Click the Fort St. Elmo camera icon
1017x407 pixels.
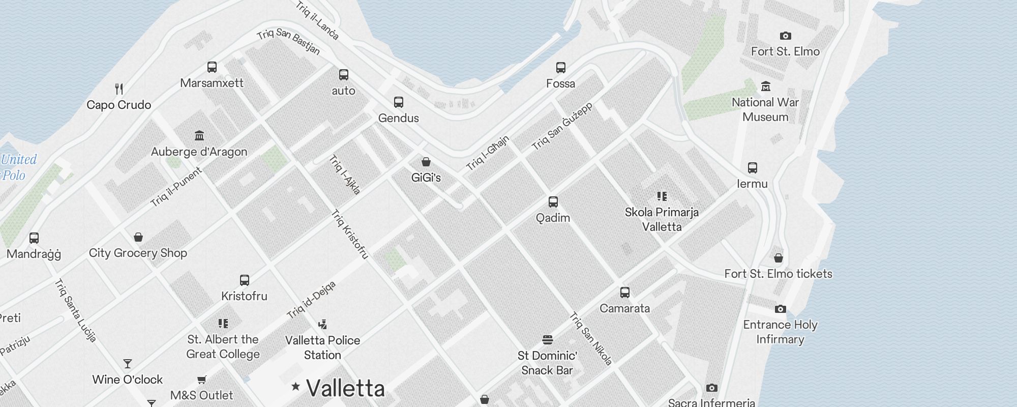point(785,36)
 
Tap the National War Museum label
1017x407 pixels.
point(765,109)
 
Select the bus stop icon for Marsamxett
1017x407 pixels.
point(212,67)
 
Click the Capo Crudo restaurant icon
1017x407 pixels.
point(119,89)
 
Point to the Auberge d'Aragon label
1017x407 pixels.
point(199,152)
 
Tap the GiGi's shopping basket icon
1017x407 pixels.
point(426,162)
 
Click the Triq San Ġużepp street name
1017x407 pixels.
point(562,126)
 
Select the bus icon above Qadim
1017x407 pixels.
point(553,202)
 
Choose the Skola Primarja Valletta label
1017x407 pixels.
point(662,219)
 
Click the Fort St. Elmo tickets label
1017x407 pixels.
point(778,274)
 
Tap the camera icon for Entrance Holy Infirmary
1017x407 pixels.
point(780,309)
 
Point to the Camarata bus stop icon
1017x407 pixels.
point(625,293)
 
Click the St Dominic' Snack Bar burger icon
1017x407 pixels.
point(547,339)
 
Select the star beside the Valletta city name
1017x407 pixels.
point(295,387)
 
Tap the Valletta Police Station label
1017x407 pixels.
point(322,347)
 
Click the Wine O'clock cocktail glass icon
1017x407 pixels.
point(128,364)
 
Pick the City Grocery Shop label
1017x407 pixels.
point(138,253)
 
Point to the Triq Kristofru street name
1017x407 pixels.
point(350,234)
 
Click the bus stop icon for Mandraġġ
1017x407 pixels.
point(34,238)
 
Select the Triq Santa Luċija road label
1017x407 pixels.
point(75,310)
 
